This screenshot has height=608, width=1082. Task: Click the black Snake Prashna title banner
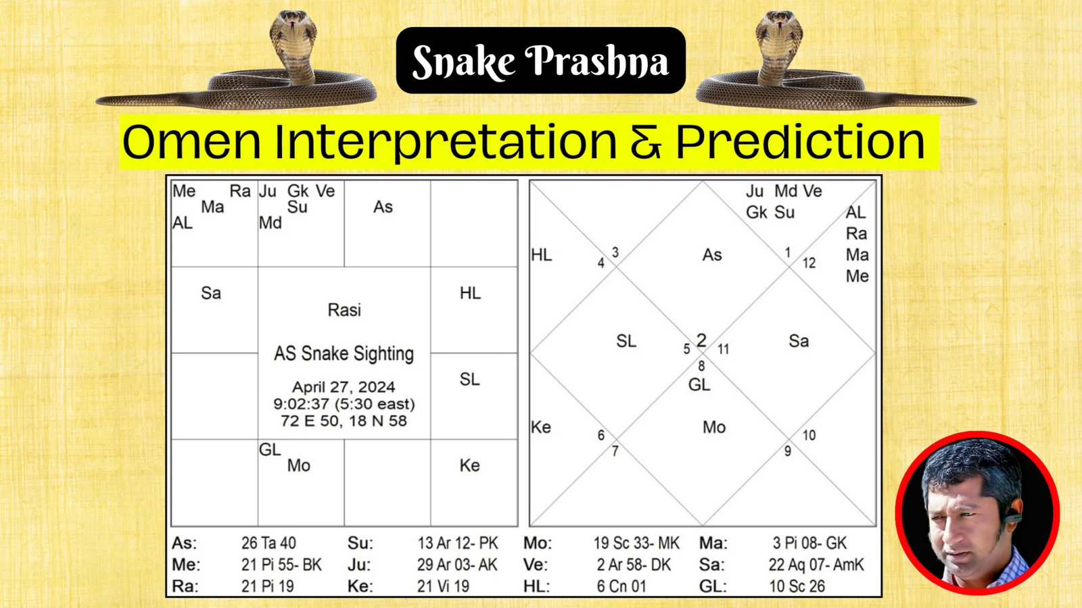coord(540,61)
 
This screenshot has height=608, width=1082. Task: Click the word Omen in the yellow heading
coord(191,142)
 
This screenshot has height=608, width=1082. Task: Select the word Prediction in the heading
coord(800,142)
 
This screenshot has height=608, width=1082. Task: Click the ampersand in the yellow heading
coord(646,143)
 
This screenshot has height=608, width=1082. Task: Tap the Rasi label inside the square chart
coord(344,310)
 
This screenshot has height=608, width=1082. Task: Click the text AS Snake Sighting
coord(344,353)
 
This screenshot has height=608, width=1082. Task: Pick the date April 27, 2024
coord(344,387)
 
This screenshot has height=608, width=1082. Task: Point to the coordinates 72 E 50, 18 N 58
coord(344,421)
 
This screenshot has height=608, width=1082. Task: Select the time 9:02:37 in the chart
coord(301,404)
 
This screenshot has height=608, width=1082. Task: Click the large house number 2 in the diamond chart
coord(701,340)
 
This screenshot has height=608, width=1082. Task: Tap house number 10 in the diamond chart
coord(809,435)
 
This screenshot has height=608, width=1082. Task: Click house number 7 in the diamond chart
coord(615,451)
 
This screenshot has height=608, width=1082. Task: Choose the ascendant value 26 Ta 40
coord(268,543)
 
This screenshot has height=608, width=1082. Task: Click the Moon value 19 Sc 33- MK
coord(636,543)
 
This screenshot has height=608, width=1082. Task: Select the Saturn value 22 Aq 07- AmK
coord(816,565)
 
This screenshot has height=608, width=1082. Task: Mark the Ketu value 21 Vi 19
coord(443,586)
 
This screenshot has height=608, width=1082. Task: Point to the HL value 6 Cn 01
coord(621,586)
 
